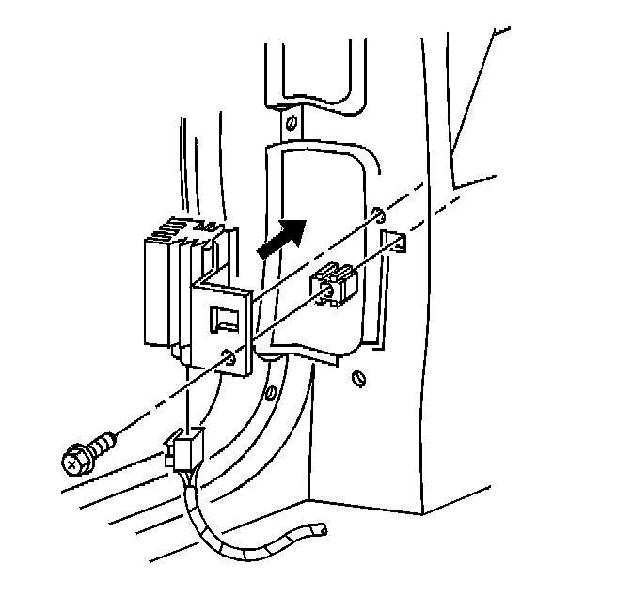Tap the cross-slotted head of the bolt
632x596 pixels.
point(74,462)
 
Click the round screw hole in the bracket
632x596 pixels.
point(229,356)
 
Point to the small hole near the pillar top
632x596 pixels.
point(291,121)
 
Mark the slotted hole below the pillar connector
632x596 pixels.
point(356,379)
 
